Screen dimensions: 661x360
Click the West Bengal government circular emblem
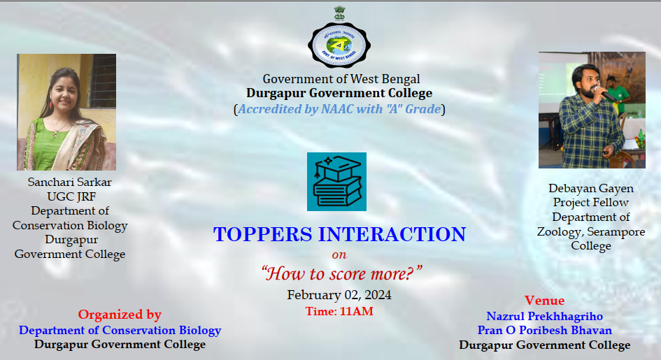pos(339,45)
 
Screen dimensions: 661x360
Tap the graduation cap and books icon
pos(336,182)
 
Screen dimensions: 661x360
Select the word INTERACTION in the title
pos(392,235)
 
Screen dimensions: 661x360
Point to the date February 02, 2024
pos(339,295)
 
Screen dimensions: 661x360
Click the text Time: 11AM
pos(339,311)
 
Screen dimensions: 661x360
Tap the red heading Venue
pos(544,301)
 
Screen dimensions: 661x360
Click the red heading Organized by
pos(120,315)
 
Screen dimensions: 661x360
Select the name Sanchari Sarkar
pos(69,182)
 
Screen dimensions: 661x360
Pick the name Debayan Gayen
pos(591,188)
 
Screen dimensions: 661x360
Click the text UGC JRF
pos(71,196)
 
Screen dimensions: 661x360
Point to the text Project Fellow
pos(590,203)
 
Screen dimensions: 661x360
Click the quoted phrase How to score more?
pos(341,274)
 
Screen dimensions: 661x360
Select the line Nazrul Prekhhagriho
pos(545,316)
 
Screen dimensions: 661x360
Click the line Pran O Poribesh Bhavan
pos(545,330)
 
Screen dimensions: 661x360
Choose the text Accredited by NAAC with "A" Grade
pos(339,109)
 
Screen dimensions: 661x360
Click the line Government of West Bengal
pos(341,79)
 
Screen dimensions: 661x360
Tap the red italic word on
pos(339,254)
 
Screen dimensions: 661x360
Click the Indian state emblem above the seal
pos(339,13)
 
